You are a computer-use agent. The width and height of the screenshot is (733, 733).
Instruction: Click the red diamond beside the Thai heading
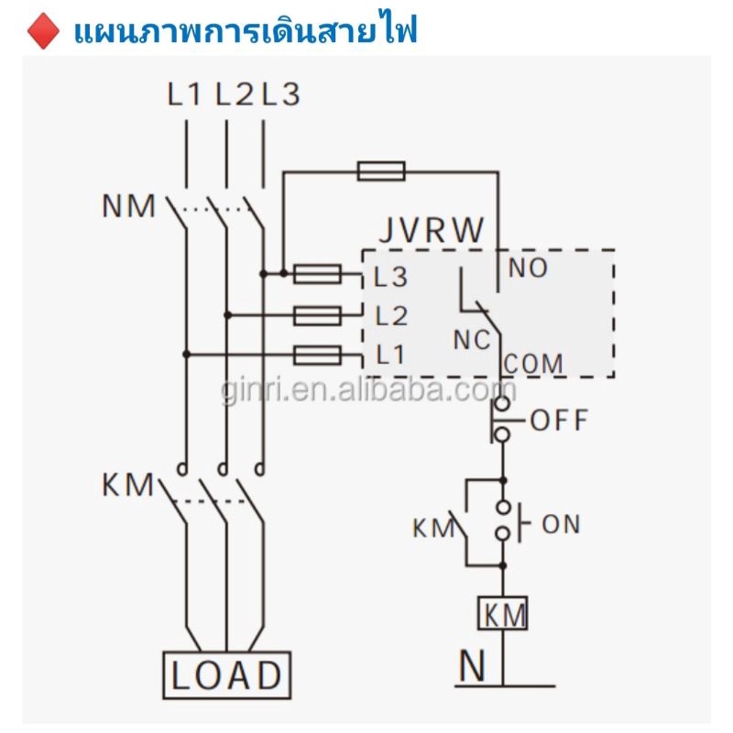tap(43, 31)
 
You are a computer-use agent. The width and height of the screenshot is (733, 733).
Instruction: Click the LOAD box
tap(226, 674)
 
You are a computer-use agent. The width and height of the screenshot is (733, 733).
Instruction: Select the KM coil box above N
tap(502, 613)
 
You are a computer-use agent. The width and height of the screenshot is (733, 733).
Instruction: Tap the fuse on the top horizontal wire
tap(381, 171)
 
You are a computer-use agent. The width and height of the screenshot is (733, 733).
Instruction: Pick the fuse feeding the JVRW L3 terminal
tap(317, 274)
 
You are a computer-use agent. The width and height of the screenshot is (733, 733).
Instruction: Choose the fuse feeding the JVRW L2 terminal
tap(317, 315)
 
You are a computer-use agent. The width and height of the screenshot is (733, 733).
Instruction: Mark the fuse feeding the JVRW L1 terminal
tap(317, 355)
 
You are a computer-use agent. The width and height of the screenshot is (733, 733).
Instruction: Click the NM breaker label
tap(128, 206)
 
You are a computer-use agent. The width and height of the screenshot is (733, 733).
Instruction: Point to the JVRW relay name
tap(431, 230)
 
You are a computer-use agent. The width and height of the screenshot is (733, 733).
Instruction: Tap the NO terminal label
tap(528, 268)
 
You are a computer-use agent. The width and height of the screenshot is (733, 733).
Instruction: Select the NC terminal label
tap(472, 340)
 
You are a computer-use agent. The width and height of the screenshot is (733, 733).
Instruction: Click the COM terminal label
tap(533, 364)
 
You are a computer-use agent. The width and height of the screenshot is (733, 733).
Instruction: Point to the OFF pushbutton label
tap(559, 420)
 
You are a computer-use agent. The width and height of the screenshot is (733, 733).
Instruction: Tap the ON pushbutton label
tap(561, 524)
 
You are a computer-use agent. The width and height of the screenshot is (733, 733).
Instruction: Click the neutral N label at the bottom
tap(472, 665)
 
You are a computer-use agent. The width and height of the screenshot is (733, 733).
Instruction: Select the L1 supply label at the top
tap(184, 94)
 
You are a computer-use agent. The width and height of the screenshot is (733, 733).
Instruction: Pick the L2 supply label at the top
tap(235, 94)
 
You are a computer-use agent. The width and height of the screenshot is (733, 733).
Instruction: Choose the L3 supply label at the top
tap(280, 94)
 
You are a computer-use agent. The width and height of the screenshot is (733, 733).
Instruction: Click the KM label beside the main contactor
tap(127, 485)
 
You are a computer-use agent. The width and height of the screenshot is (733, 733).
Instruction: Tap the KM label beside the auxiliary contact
tap(433, 529)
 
